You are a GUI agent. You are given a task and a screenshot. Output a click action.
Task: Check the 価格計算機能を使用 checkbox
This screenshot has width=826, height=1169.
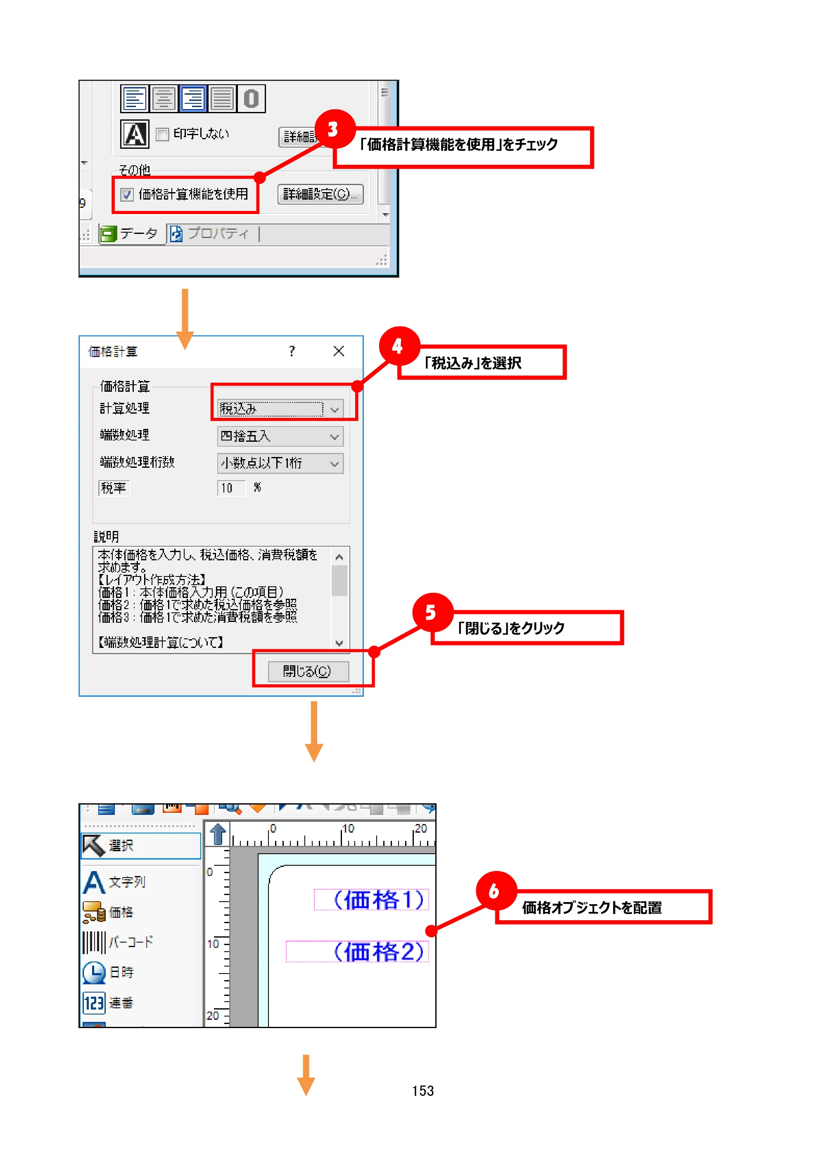(127, 195)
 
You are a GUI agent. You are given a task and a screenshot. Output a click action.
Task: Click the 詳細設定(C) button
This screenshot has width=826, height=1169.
(320, 194)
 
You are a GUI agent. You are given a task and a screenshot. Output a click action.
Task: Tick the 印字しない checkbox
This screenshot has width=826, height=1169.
(162, 134)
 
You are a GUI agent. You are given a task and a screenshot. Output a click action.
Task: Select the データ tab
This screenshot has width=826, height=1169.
(130, 234)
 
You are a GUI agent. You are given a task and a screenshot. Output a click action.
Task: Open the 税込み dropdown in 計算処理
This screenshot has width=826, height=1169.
(280, 408)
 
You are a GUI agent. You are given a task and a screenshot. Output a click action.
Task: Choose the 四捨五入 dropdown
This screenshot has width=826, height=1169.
(280, 436)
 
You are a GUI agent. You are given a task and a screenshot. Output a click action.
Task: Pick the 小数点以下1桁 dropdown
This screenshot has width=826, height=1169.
(280, 463)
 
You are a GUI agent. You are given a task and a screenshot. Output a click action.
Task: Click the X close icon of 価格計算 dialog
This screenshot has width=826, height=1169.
(338, 351)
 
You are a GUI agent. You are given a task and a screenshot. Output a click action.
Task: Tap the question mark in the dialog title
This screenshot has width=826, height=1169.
(292, 351)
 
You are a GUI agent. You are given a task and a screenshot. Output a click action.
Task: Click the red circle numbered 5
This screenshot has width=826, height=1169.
(432, 612)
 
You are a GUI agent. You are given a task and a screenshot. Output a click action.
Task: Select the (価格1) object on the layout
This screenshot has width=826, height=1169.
(372, 899)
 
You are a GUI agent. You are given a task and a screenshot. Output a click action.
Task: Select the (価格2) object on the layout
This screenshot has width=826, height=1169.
(357, 951)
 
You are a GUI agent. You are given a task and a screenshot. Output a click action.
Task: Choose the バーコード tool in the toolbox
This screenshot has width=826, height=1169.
(118, 942)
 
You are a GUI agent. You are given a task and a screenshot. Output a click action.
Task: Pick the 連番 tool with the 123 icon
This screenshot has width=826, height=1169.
(108, 1002)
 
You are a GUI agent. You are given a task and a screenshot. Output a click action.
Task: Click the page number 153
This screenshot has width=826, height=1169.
(423, 1090)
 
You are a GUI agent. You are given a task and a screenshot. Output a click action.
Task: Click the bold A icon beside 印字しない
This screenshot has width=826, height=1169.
(135, 134)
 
